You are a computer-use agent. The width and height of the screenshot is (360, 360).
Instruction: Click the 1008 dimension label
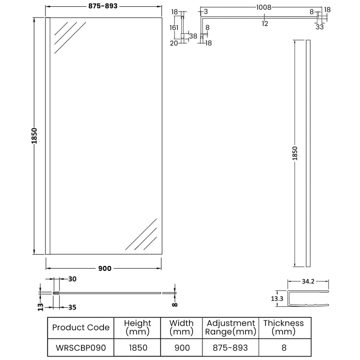point(265,8)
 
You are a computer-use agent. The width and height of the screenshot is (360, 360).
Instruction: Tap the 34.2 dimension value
point(308,282)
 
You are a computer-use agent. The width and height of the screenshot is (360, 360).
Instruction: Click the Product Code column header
point(81,327)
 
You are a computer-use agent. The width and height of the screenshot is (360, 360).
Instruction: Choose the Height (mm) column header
point(138,327)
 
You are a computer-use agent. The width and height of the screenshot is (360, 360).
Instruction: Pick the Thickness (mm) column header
point(283,327)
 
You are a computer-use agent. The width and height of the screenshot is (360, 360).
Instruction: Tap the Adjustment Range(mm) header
point(230,327)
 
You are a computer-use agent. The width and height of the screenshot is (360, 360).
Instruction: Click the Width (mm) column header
point(182,327)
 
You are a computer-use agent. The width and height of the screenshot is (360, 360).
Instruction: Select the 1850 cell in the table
point(138,348)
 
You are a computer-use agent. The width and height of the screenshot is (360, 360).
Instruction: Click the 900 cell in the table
point(182,348)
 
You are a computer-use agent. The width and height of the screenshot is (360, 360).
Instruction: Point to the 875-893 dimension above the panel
point(103,7)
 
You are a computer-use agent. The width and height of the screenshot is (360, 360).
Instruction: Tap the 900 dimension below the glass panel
point(104,269)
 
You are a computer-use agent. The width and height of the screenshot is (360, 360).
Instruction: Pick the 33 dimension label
point(320,27)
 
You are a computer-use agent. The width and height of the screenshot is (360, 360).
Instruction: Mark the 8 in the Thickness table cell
point(283,348)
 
